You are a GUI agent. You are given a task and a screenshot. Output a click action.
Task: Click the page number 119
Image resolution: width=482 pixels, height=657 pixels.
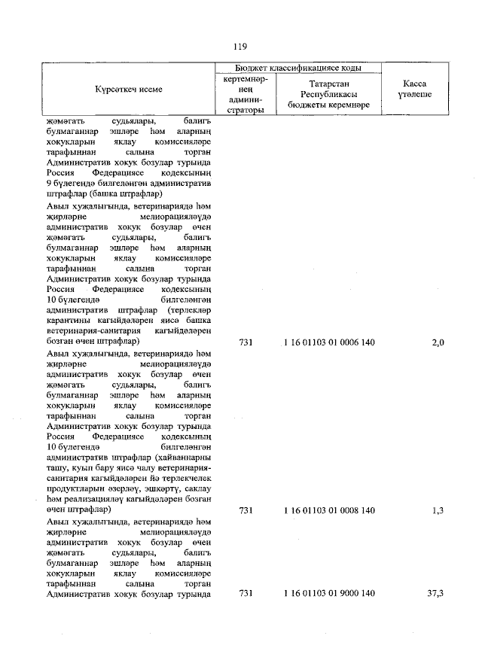coord(240,46)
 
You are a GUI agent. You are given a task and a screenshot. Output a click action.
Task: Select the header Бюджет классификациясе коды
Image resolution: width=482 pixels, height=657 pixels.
coord(298,68)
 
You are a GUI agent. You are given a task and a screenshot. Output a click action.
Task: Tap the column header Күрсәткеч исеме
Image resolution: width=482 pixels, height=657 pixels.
coord(128,90)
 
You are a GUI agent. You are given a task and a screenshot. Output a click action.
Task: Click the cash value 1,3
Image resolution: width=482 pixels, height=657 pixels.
coord(438,510)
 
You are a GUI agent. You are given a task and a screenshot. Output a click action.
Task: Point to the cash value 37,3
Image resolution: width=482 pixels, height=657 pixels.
coord(435,594)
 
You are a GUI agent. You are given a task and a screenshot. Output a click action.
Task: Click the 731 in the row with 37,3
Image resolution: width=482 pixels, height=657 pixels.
coord(244,594)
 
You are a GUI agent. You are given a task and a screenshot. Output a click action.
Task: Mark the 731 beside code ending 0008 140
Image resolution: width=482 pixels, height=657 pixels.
coord(244,510)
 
